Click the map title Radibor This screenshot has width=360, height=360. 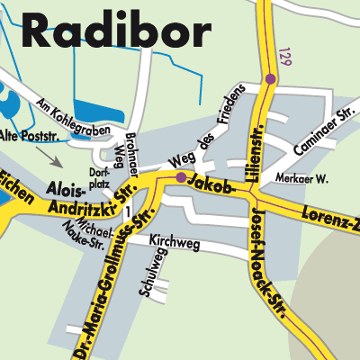point(115,33)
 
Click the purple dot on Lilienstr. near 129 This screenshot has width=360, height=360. point(270,79)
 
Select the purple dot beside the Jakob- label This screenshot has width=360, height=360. point(181,178)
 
